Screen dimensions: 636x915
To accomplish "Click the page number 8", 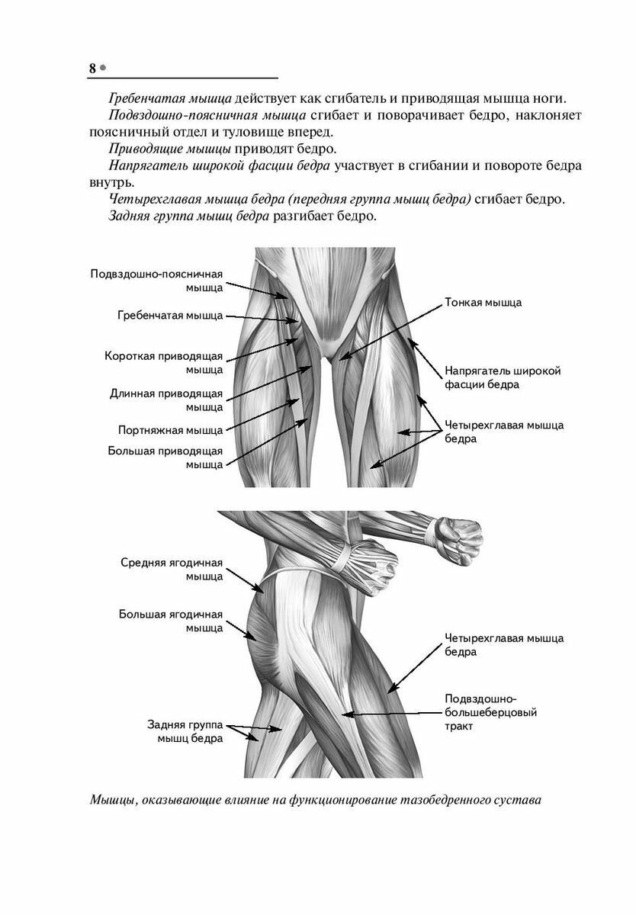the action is [x=92, y=68].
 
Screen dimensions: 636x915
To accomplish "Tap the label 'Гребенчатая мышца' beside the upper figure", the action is [x=170, y=315].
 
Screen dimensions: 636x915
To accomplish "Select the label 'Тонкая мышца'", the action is [x=483, y=303].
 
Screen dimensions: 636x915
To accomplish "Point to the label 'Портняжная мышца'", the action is [x=170, y=429].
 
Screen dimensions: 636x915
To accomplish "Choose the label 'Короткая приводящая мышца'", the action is [x=163, y=363].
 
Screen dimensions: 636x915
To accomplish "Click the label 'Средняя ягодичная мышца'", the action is [x=172, y=570].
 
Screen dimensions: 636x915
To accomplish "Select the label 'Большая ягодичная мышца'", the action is [x=171, y=621].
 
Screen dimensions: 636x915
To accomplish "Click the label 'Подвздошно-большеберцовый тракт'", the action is [x=491, y=712].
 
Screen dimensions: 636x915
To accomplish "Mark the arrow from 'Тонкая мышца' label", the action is [x=390, y=330].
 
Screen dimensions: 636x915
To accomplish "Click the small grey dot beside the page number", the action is [x=103, y=67].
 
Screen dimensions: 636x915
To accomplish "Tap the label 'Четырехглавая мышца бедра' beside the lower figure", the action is [x=504, y=645].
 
